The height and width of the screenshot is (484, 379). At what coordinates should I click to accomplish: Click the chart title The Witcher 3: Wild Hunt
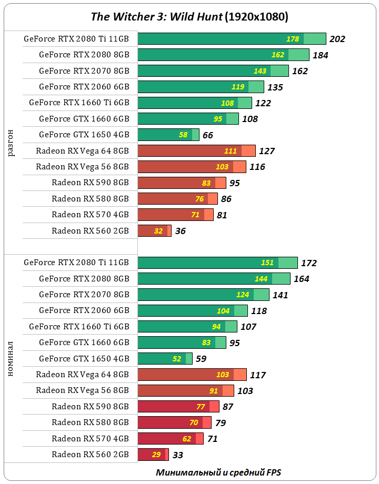156,17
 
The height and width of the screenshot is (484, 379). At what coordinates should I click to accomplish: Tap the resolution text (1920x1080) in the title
256,17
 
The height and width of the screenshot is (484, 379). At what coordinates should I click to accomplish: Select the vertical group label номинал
11,359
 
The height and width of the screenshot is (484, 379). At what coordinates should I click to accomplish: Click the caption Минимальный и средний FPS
222,472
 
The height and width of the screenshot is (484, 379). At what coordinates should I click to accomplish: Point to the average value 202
337,39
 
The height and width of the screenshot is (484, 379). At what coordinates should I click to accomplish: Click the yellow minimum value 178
293,39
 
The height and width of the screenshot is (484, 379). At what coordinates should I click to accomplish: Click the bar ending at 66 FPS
168,135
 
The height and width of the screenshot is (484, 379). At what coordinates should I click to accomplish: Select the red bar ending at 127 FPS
196,151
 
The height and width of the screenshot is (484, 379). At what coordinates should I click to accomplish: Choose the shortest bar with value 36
154,230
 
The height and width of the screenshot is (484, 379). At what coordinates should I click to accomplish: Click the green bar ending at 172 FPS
217,263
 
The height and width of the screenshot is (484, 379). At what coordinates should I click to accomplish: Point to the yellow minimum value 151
267,263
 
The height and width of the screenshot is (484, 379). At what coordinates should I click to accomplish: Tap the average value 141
281,295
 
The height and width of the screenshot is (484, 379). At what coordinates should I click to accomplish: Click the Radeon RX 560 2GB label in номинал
90,454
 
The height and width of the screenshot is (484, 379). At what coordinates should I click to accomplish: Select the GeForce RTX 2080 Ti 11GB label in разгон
76,38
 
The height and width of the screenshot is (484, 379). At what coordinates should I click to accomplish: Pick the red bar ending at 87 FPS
178,406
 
